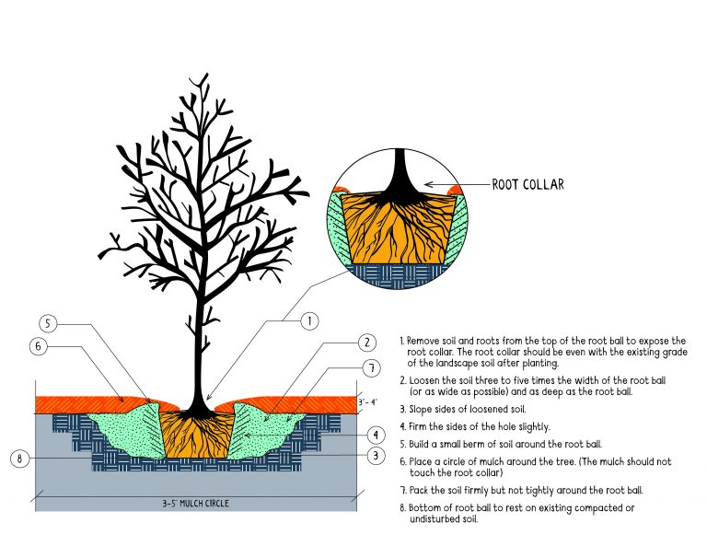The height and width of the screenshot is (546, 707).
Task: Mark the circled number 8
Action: (19, 458)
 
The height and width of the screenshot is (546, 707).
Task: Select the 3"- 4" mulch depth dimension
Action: (368, 402)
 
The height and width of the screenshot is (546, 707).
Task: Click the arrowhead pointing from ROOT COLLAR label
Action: (428, 184)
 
